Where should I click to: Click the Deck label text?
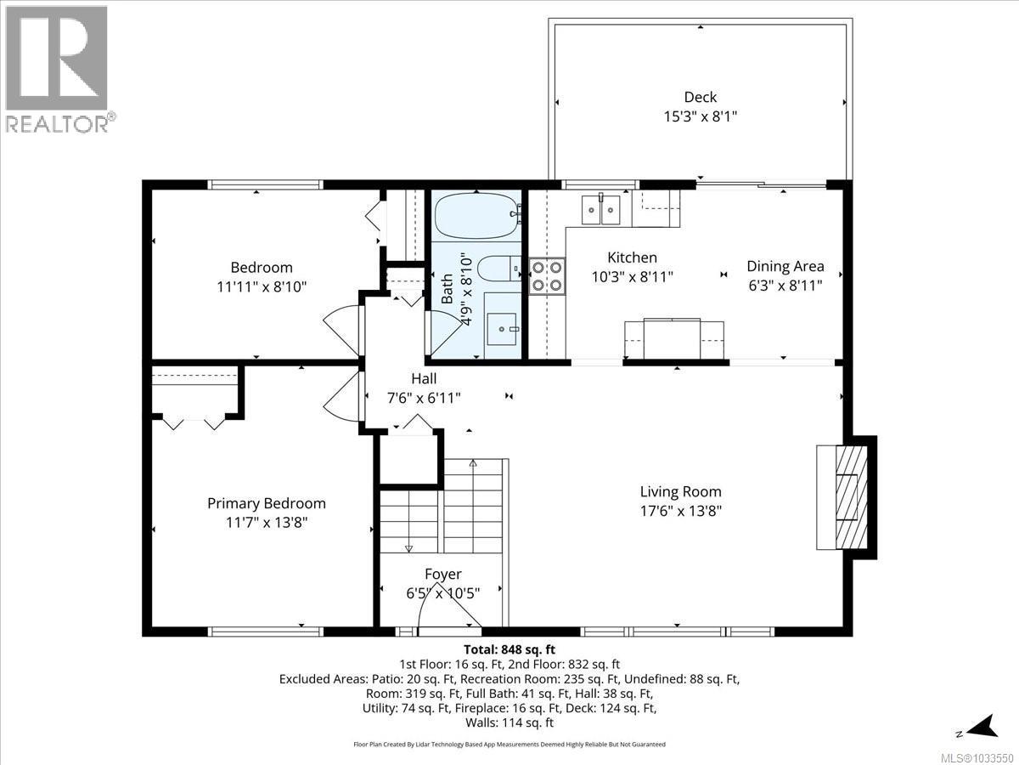coord(700,97)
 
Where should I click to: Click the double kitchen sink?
coord(602,209)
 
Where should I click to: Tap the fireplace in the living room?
coord(846,496)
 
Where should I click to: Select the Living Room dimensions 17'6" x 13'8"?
coord(680,511)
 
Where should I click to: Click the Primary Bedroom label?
coord(266,503)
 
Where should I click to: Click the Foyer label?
coord(442,575)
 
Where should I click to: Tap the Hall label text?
coord(424,378)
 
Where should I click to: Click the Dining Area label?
coord(785,266)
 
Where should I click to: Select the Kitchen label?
coord(632,258)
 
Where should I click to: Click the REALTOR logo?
coord(57,68)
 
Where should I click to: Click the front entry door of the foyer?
coord(450,630)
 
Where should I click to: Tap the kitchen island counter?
coord(674,340)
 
